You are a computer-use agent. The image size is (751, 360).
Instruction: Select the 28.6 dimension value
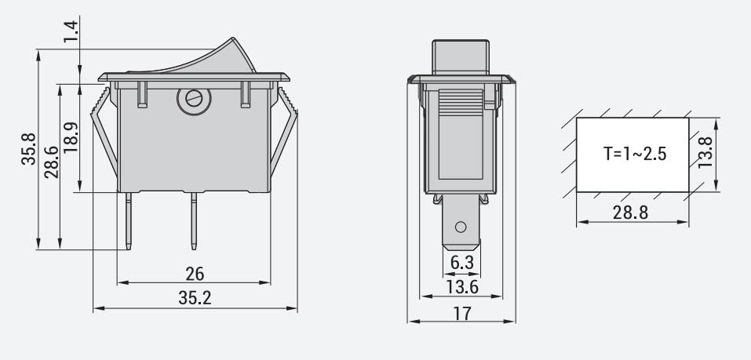51,162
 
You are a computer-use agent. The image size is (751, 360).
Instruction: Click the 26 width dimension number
195,274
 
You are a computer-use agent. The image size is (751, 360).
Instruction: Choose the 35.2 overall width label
195,298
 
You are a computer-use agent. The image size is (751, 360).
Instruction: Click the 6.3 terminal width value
461,261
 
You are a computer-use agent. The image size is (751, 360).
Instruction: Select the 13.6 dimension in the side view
461,286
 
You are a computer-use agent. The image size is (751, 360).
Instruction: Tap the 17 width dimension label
462,313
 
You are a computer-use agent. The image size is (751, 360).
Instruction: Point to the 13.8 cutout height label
705,153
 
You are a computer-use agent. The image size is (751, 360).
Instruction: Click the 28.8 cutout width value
633,213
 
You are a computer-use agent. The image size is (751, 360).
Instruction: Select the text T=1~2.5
634,154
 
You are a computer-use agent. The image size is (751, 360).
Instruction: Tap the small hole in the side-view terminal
461,228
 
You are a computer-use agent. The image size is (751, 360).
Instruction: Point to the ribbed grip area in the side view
461,103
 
